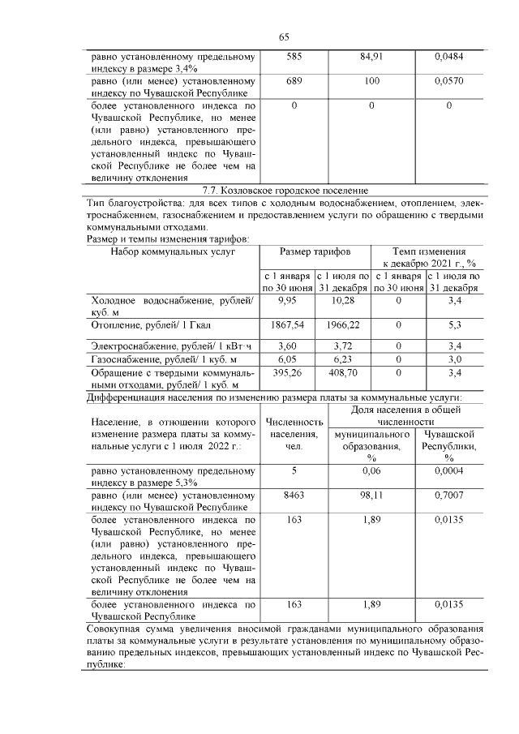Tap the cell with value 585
click(x=294, y=57)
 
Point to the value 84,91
click(x=371, y=57)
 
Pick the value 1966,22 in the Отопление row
click(x=343, y=324)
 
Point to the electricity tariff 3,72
click(x=343, y=346)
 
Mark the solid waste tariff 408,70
click(x=343, y=372)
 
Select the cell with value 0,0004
click(x=448, y=470)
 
